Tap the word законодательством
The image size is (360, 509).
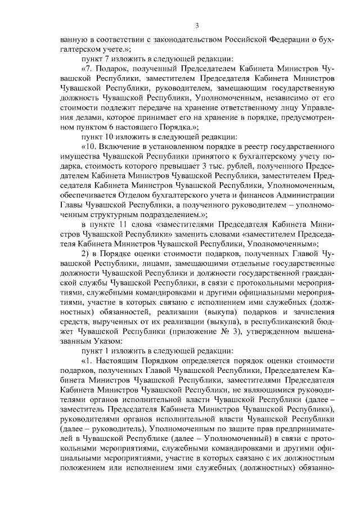point(170,41)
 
